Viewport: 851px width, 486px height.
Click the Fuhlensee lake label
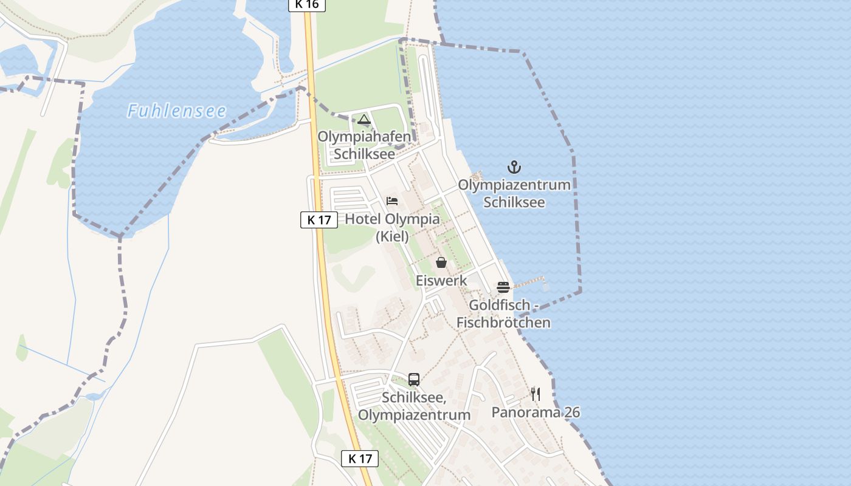176,111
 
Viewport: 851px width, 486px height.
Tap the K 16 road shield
307,5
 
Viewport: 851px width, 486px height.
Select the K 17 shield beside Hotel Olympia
319,220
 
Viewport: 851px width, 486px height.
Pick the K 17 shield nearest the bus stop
360,459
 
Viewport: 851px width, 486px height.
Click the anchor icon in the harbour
514,167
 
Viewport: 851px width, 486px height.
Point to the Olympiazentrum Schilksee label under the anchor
514,193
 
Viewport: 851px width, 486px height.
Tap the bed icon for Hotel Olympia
392,201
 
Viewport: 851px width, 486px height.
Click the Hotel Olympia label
392,219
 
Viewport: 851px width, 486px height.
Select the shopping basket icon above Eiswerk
441,262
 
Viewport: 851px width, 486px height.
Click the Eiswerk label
441,281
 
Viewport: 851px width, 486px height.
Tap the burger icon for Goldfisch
503,287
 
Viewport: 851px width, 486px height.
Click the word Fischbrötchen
503,323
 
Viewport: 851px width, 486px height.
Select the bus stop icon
414,380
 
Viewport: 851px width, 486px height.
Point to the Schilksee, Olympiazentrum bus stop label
414,406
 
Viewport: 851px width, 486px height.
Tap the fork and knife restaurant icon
536,394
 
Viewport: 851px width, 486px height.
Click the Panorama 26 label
536,412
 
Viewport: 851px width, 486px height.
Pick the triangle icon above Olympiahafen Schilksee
364,119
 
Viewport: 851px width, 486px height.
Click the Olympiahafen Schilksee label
364,145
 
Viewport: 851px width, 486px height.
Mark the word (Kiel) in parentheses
392,236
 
